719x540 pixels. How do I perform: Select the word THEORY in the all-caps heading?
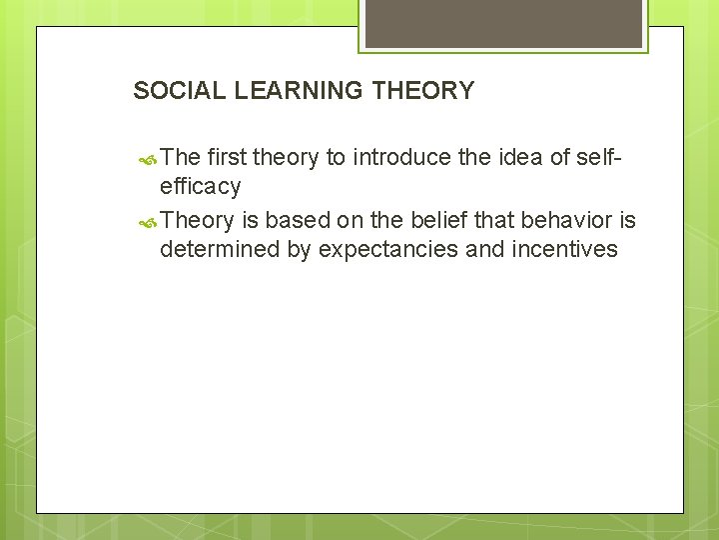click(x=422, y=91)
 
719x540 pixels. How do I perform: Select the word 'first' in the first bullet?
click(x=229, y=157)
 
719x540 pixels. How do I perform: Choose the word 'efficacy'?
click(x=201, y=187)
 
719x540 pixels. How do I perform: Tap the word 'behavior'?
click(x=564, y=219)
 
